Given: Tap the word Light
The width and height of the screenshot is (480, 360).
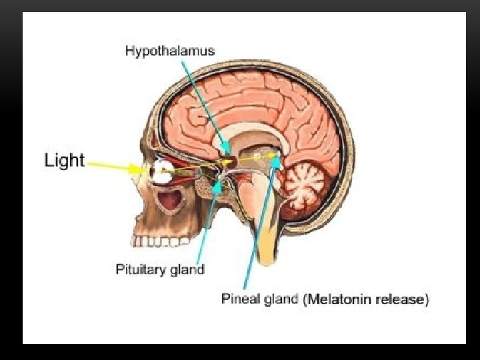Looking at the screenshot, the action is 65,161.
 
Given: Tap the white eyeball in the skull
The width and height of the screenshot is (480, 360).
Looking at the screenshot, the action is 159,173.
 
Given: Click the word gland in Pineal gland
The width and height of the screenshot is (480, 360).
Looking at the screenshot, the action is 282,299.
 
